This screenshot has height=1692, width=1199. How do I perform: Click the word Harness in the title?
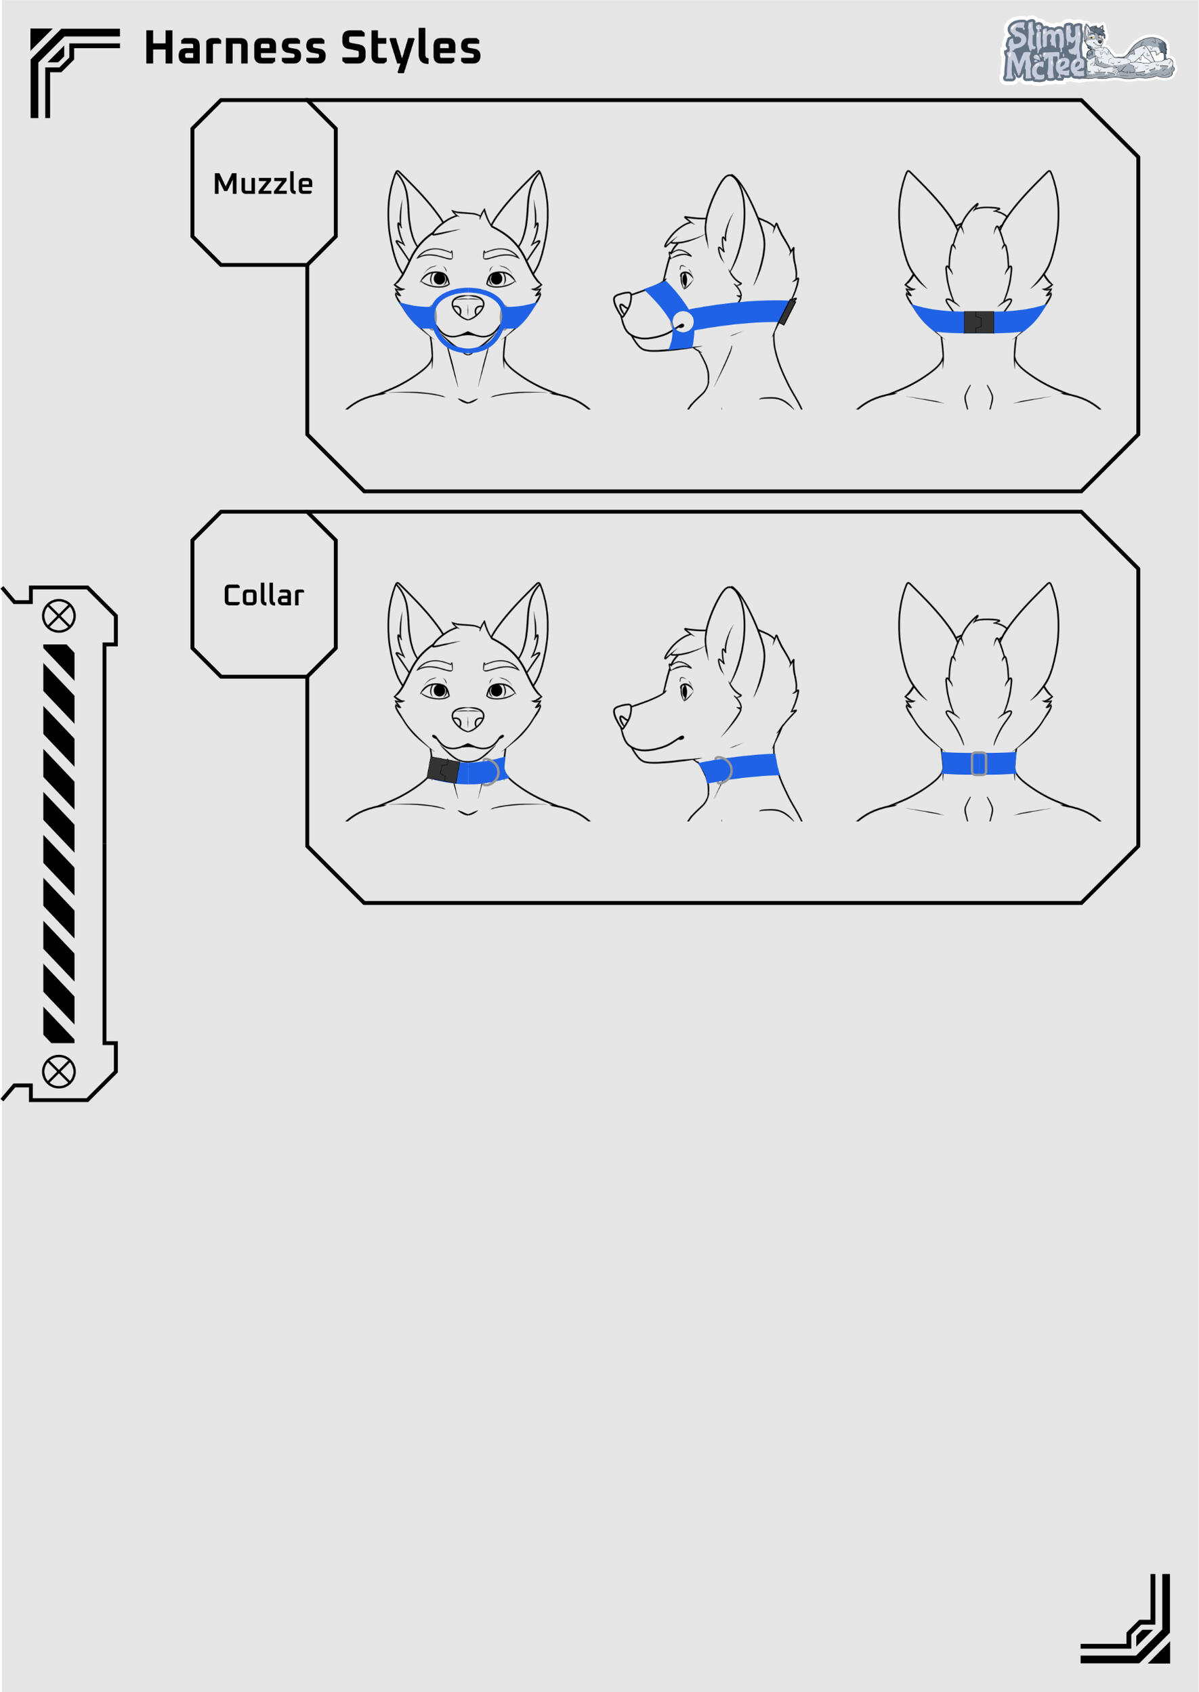click(236, 48)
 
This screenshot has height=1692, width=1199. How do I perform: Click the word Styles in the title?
click(411, 49)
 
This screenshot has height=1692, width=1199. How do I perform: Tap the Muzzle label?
click(263, 183)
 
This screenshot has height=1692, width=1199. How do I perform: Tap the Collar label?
click(264, 594)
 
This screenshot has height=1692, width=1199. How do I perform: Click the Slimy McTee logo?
click(1087, 50)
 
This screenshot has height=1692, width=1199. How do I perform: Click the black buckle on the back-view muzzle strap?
click(978, 322)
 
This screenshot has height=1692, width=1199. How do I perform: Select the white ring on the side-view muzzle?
click(683, 322)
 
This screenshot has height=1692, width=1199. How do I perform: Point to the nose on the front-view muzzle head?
click(467, 307)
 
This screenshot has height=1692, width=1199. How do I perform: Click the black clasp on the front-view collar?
click(443, 771)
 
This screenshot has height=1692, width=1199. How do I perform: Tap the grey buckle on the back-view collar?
click(979, 764)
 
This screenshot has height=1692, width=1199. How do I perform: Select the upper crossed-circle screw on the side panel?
click(59, 615)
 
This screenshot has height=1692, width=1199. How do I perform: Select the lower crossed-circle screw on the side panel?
click(59, 1071)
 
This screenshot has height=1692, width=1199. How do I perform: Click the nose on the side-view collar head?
click(622, 714)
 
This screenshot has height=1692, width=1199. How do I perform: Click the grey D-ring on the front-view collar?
click(492, 772)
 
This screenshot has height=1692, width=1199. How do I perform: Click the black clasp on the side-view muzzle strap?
click(788, 311)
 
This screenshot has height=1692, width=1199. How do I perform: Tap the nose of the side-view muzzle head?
click(622, 303)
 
